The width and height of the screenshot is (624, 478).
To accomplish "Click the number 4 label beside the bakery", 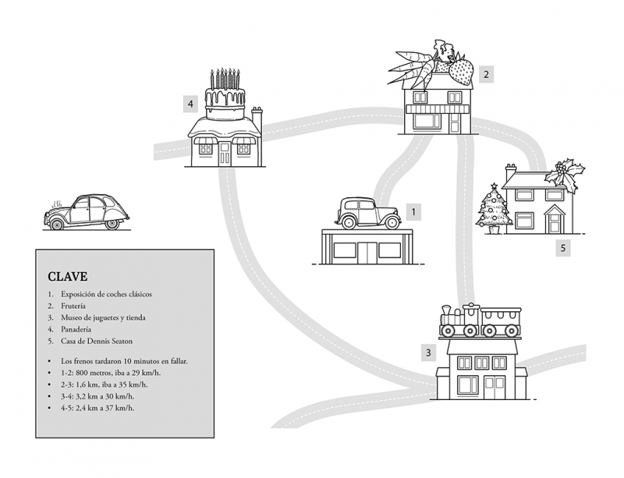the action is tap(190, 104).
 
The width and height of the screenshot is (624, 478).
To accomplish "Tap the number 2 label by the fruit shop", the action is tap(486, 74).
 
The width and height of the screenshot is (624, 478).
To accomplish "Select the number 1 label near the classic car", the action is tap(413, 212).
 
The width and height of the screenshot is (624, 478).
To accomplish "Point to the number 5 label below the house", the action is tap(563, 247).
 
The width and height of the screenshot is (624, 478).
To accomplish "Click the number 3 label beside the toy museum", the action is tap(428, 352).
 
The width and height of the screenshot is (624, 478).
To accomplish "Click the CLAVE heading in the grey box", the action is tap(68, 276).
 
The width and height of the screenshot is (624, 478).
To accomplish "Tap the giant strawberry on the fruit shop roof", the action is tap(462, 71).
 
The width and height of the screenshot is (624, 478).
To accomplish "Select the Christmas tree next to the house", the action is tap(494, 208).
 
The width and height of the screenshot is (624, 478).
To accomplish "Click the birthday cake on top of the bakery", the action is tap(225, 94).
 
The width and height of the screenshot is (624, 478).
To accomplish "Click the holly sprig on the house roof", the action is tap(565, 174).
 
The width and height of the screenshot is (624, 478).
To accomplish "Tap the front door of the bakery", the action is tap(225, 154).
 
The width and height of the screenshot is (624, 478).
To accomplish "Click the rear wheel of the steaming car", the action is tap(112, 224).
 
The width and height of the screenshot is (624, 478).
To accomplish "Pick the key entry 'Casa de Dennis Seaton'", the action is tap(97, 341).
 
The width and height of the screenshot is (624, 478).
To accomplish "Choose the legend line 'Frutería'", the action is tap(73, 306).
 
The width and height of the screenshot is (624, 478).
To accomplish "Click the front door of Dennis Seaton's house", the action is tap(555, 223).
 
